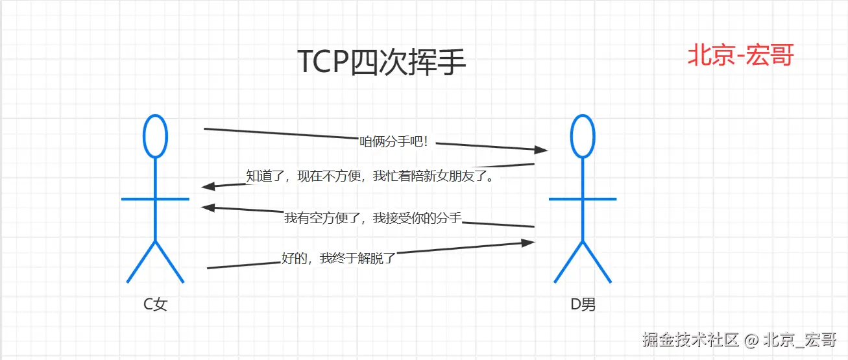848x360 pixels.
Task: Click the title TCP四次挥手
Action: pos(382,63)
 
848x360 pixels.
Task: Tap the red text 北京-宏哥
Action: pos(740,56)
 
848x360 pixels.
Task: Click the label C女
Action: pos(156,304)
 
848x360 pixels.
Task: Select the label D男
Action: pos(583,304)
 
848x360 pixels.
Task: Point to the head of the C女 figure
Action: pos(155,136)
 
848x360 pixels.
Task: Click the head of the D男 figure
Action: pos(583,136)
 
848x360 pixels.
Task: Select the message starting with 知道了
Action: pos(370,176)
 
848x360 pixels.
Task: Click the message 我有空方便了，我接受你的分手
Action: pos(372,218)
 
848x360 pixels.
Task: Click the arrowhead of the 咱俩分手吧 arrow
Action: pos(542,150)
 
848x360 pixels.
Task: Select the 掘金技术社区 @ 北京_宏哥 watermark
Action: pos(739,339)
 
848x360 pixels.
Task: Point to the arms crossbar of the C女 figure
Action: pos(155,198)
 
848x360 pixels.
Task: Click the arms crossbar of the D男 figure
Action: pos(583,198)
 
